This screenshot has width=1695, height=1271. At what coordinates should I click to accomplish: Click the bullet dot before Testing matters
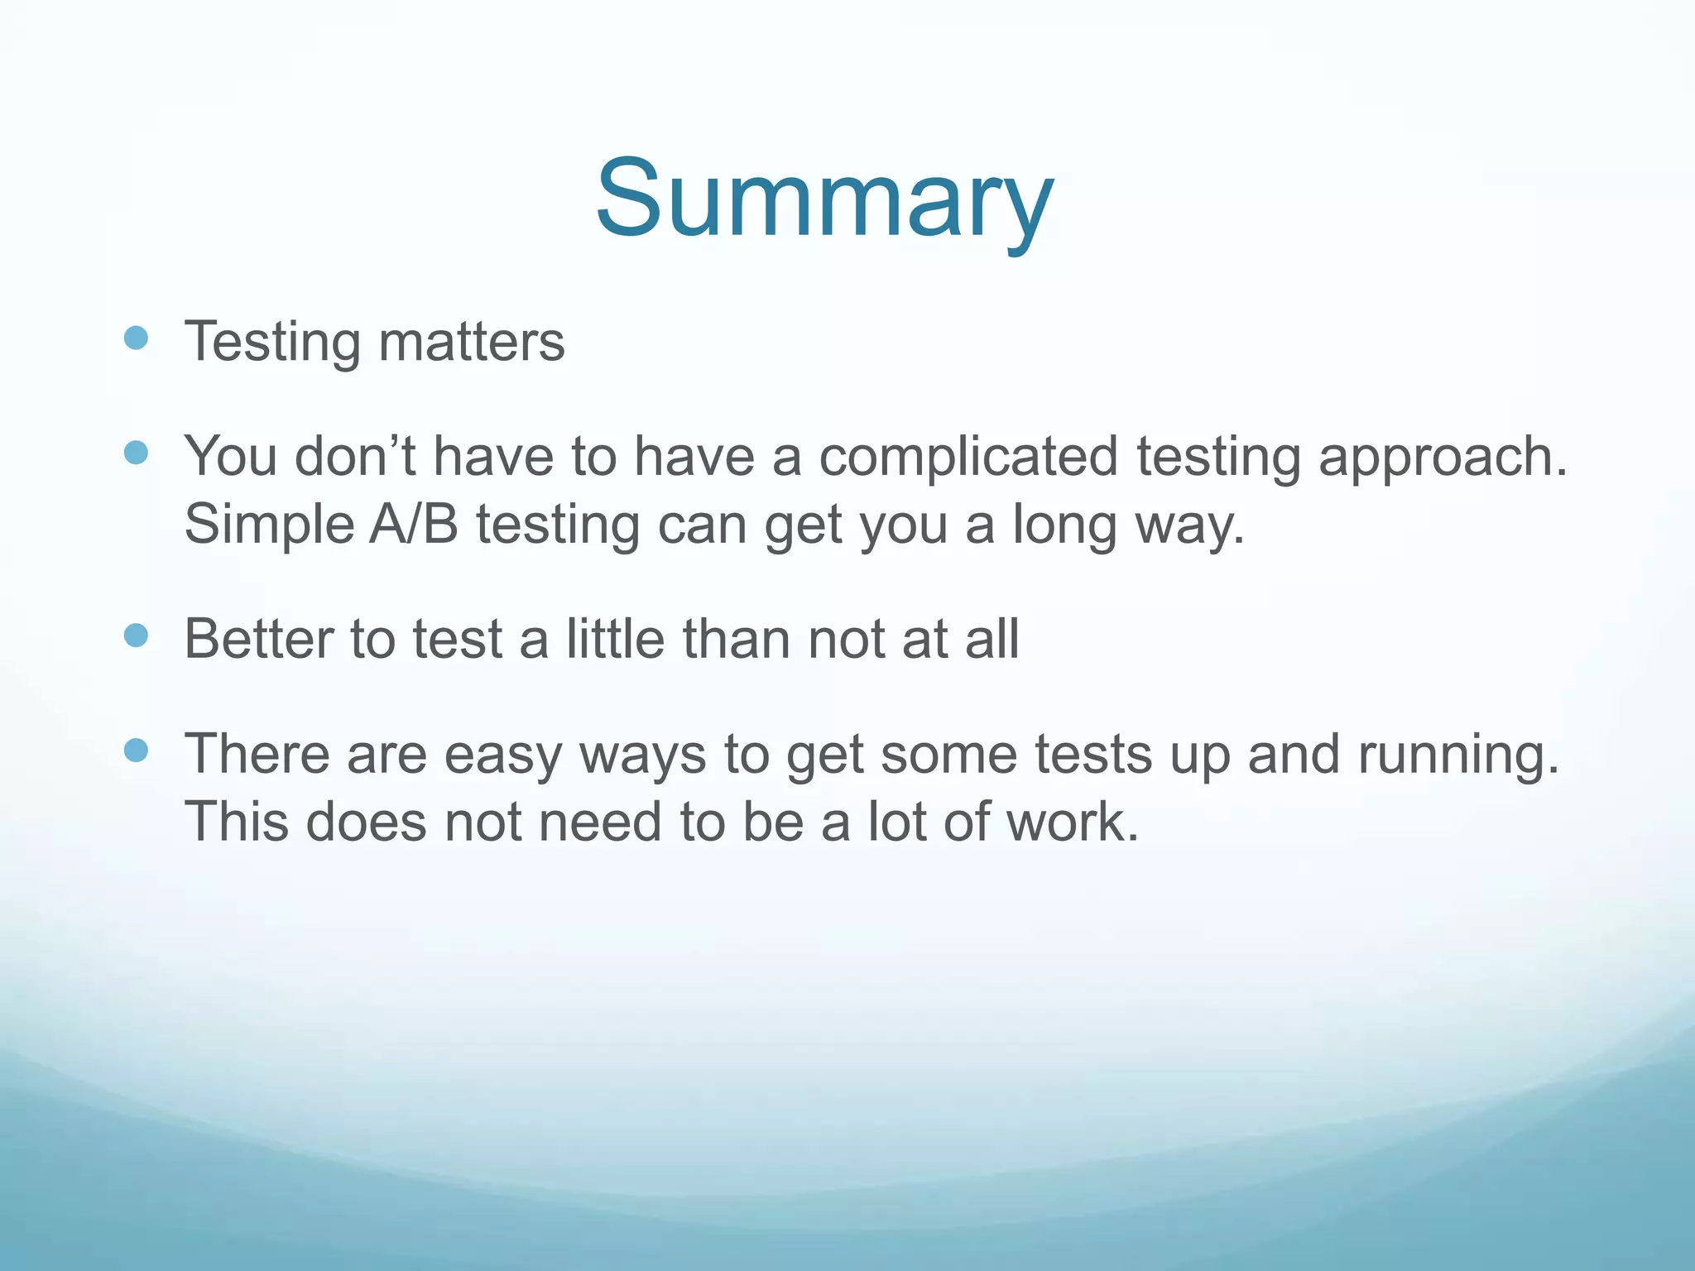135,338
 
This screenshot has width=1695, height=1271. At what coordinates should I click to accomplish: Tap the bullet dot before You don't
135,453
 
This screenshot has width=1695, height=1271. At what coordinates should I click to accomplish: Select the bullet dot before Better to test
135,635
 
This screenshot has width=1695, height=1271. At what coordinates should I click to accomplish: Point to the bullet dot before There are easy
135,751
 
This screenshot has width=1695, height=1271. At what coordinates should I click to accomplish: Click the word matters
471,342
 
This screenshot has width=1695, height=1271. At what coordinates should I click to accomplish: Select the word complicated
968,458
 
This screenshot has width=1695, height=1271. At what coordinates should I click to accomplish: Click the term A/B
413,525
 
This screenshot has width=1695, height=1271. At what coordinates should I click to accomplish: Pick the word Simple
268,525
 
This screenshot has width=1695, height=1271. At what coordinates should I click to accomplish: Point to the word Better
259,640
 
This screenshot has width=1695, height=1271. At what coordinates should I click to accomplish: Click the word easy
502,755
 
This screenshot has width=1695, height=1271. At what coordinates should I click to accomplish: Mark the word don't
355,458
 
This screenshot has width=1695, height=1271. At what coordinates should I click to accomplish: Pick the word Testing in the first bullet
272,342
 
